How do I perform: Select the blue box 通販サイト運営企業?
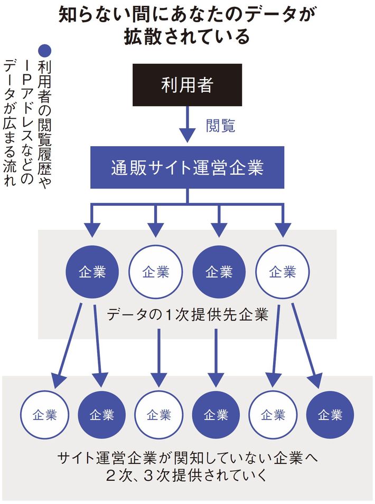point(187,167)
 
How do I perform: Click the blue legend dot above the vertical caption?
point(45,51)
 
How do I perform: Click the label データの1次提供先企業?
point(187,316)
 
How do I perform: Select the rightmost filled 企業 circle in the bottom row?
point(330,415)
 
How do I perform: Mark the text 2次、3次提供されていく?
point(187,474)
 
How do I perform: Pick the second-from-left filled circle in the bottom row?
point(216,415)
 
